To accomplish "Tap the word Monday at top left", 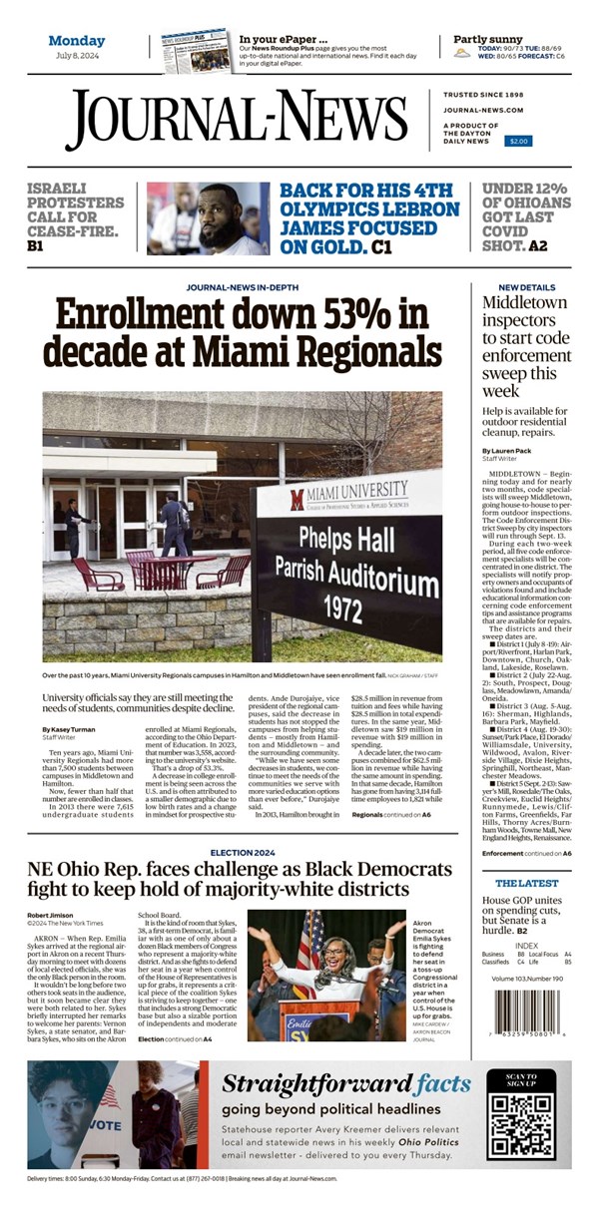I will [77, 41].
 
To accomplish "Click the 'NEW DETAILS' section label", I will [514, 287].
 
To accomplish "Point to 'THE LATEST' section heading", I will [520, 884].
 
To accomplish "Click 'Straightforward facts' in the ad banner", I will [345, 1084].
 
